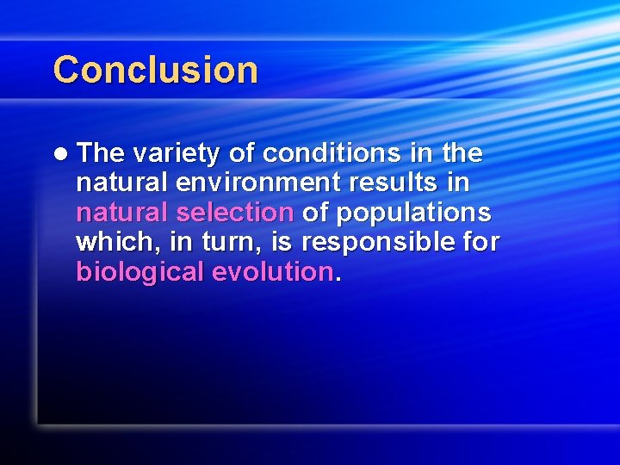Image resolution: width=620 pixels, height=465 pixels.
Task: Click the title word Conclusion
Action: pyautogui.click(x=155, y=70)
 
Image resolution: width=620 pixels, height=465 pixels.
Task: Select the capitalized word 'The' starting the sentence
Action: pyautogui.click(x=101, y=153)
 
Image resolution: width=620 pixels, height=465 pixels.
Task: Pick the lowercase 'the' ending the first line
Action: pyautogui.click(x=462, y=153)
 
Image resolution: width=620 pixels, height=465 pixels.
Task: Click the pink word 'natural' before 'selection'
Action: pyautogui.click(x=124, y=213)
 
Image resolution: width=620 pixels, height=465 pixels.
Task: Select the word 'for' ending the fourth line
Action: pyautogui.click(x=480, y=242)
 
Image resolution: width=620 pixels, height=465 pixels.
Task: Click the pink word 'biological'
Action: pyautogui.click(x=139, y=272)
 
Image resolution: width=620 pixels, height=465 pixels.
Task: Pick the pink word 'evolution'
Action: pyautogui.click(x=272, y=272)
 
